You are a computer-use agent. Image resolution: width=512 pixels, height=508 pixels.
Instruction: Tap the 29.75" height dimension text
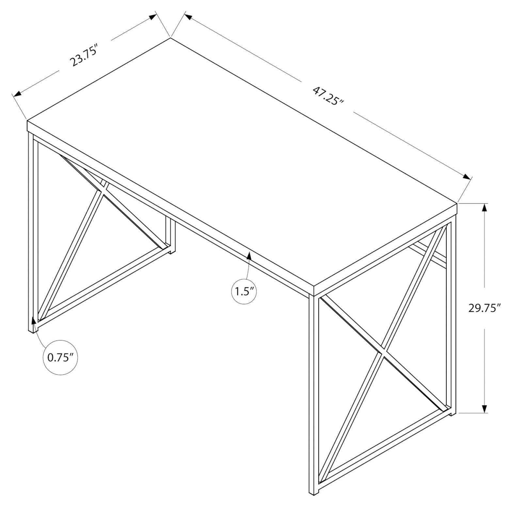click(484, 308)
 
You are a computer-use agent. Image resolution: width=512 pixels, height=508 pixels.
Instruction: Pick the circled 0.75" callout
click(60, 357)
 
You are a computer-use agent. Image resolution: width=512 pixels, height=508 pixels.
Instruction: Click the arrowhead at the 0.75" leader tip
click(33, 320)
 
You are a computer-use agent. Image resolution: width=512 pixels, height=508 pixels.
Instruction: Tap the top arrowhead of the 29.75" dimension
click(485, 208)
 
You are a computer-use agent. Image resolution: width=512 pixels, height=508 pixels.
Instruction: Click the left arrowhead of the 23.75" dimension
click(17, 94)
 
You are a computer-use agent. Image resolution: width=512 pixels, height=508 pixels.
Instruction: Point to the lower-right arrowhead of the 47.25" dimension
click(467, 177)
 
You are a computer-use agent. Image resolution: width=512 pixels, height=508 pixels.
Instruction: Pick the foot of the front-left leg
click(32, 330)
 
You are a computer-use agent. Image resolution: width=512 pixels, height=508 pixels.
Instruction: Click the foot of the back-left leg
click(171, 251)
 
